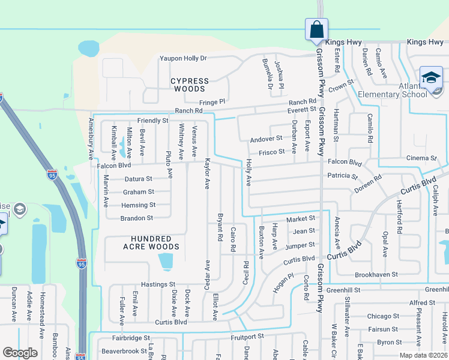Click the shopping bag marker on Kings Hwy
pos(316,29)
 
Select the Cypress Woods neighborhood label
pos(190,85)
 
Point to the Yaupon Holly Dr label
pos(182,58)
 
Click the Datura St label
pos(138,179)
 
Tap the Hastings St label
pos(157,284)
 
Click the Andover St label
pos(266,139)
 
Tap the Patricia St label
pos(342,176)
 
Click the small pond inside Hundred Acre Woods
pos(165,262)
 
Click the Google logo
pos(20,353)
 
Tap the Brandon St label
pos(137,218)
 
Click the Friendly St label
pos(152,121)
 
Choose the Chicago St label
pos(383,316)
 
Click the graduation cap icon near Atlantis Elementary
pos(431,78)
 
